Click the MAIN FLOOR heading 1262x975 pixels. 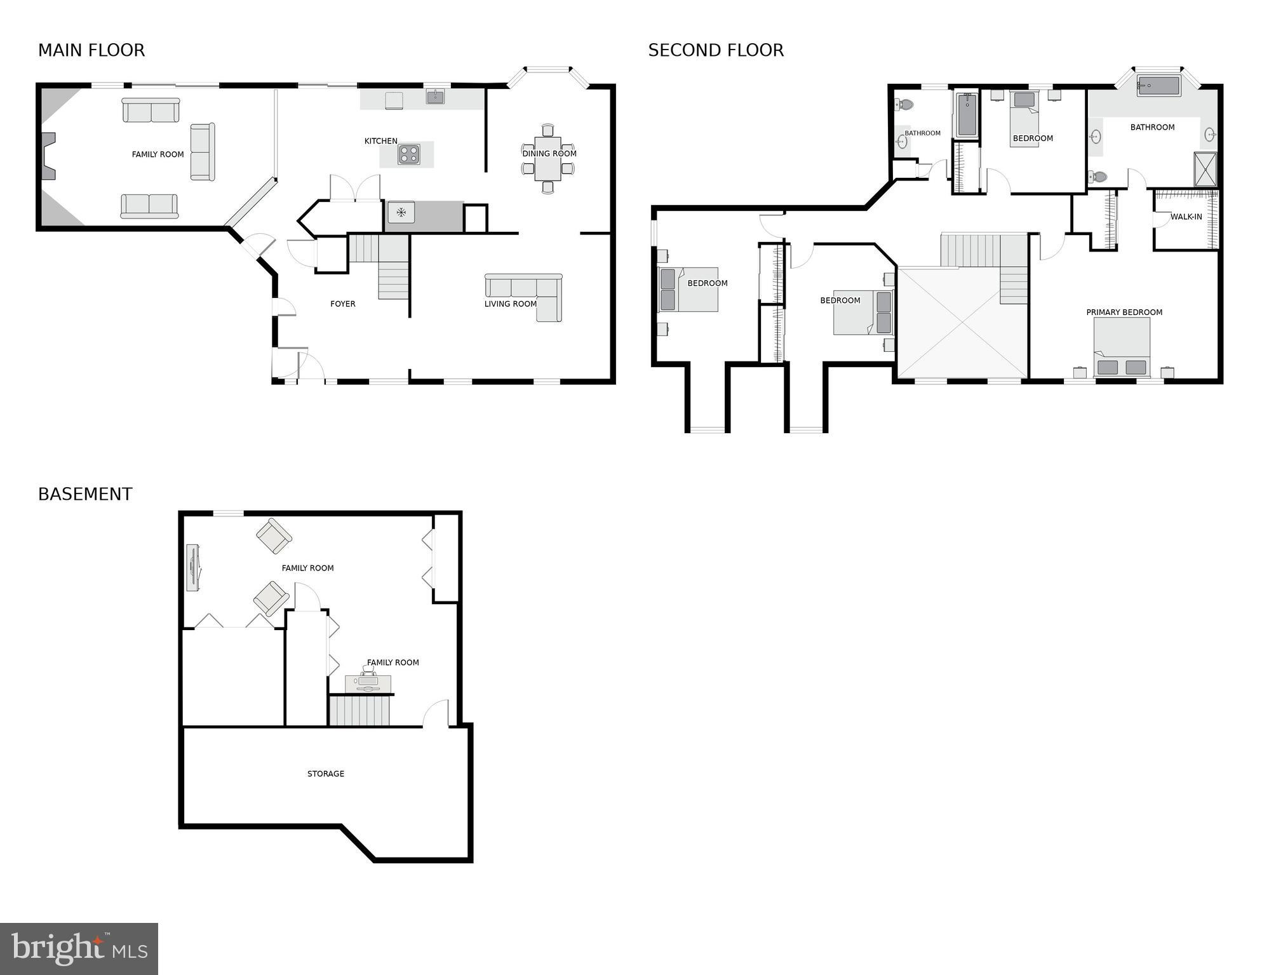tap(91, 50)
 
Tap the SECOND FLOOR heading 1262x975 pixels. tap(716, 50)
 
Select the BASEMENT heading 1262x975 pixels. tap(85, 494)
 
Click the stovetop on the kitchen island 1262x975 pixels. tap(408, 154)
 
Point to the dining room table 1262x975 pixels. tap(547, 159)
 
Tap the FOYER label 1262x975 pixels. tap(342, 304)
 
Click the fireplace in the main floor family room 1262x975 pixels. tap(48, 156)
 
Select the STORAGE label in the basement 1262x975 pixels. tap(325, 774)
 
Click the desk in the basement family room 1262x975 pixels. tap(368, 683)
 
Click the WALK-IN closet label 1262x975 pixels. tap(1186, 217)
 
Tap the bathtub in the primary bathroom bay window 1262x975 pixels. tap(1158, 86)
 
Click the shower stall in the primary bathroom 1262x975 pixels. tap(1205, 169)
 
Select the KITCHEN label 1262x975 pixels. tap(380, 141)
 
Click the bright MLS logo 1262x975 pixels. tap(79, 948)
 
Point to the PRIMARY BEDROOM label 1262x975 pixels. tap(1124, 312)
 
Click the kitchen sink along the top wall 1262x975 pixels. tap(435, 97)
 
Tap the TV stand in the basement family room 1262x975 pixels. tap(192, 568)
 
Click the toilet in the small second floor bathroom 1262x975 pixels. tap(905, 104)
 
